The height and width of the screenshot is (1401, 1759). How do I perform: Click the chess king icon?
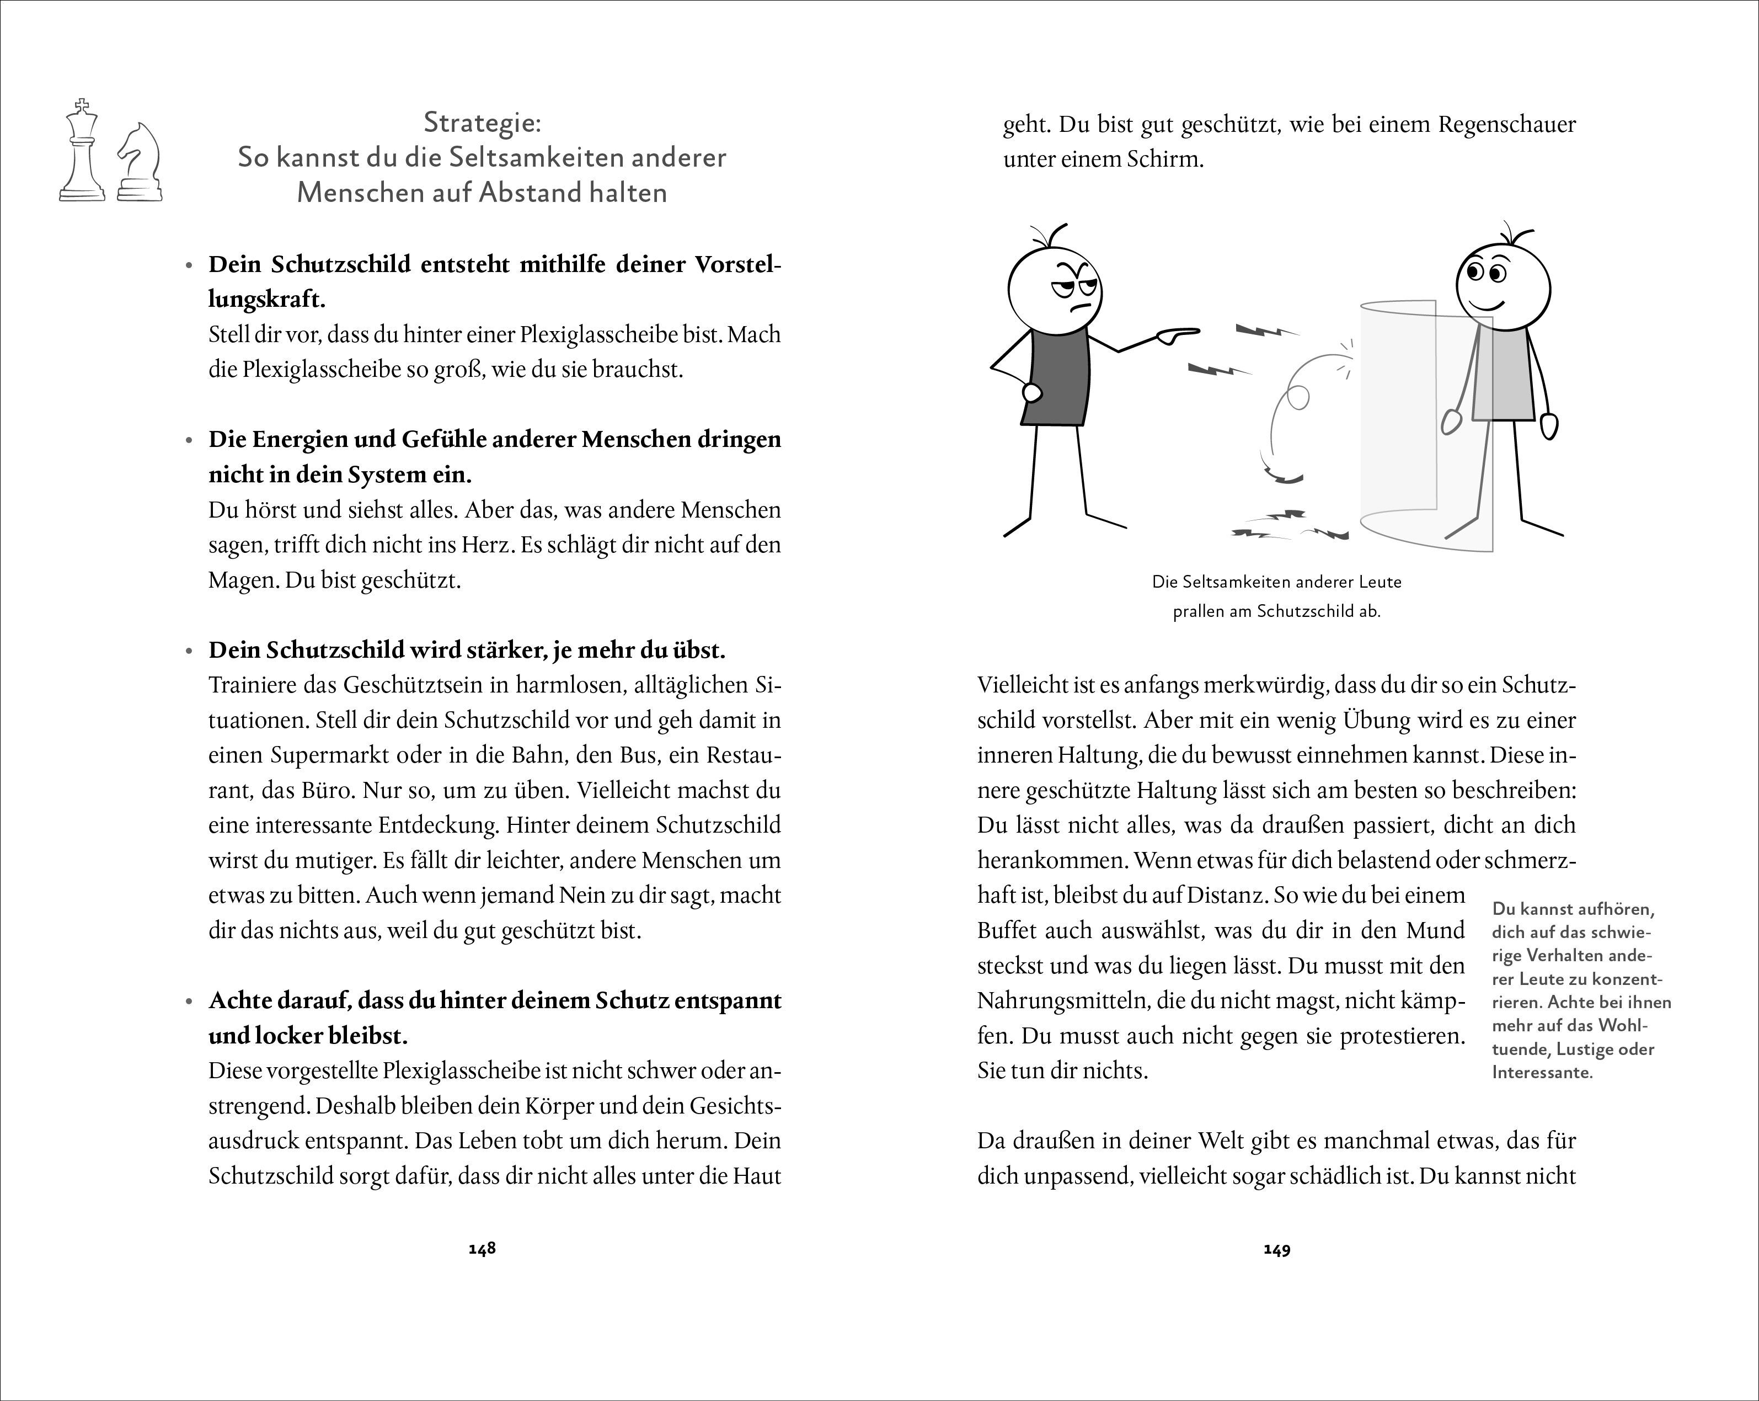click(82, 152)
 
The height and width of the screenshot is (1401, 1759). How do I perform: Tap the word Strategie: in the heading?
click(482, 122)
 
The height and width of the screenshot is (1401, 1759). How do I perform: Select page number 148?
click(482, 1248)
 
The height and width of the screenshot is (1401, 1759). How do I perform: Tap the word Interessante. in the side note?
click(1542, 1072)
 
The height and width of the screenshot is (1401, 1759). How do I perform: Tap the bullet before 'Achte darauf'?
click(189, 1002)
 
